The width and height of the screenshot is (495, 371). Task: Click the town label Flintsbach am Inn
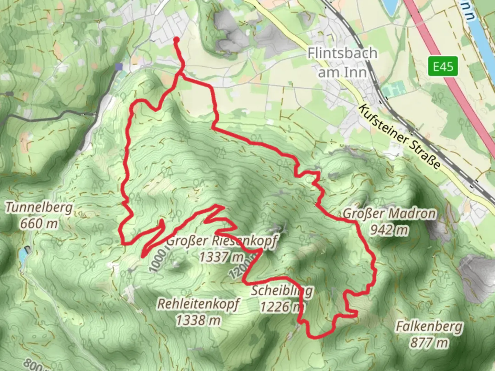click(342, 63)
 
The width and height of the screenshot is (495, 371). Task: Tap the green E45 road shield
click(443, 66)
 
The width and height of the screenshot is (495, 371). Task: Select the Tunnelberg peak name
click(39, 207)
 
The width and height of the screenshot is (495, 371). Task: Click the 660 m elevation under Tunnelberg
click(39, 224)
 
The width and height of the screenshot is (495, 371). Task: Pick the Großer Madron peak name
click(389, 214)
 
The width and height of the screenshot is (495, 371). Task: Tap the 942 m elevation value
click(389, 230)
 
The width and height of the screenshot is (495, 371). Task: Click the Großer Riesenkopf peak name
click(222, 241)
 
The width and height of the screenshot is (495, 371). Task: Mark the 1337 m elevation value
click(221, 257)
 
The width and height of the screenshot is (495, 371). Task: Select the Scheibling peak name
click(282, 291)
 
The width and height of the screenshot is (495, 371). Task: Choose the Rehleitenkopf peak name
click(198, 304)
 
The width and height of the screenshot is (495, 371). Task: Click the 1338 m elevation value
click(198, 320)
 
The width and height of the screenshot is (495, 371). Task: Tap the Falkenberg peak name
click(429, 326)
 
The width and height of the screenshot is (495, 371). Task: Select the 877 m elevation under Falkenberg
click(429, 342)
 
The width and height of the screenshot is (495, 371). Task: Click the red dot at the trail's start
click(177, 40)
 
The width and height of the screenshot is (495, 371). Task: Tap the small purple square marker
click(119, 67)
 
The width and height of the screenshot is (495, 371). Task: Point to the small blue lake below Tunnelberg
click(23, 254)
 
